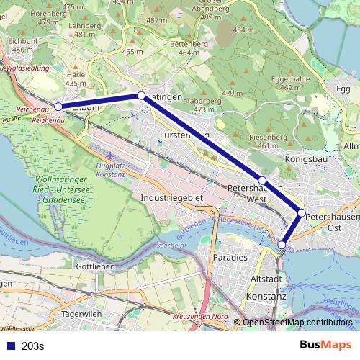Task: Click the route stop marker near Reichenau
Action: click(x=58, y=107)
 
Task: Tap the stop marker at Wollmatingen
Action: click(x=141, y=96)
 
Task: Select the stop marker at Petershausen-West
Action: click(x=263, y=181)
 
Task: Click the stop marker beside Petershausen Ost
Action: click(x=302, y=212)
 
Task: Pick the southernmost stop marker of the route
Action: click(x=282, y=245)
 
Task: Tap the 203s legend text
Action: click(x=33, y=346)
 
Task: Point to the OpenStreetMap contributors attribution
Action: click(x=297, y=323)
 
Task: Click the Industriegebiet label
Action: click(x=173, y=197)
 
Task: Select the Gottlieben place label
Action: click(x=96, y=265)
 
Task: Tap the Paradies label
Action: click(x=230, y=257)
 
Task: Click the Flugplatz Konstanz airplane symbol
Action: click(x=109, y=156)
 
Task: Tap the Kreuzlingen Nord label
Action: click(x=200, y=318)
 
